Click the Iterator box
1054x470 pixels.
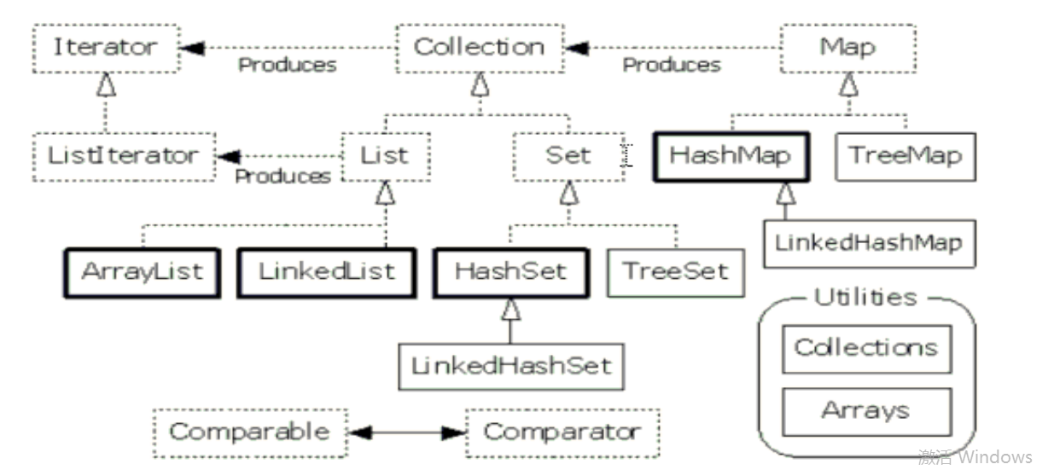click(107, 47)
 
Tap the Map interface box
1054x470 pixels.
click(847, 47)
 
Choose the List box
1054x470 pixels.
click(385, 156)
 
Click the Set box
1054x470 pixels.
click(568, 156)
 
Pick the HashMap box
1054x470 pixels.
click(730, 156)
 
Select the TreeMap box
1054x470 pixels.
click(905, 156)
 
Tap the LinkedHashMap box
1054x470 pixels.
click(868, 242)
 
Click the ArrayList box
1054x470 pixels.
click(142, 272)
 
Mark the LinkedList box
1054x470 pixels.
click(327, 272)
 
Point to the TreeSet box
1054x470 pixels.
click(675, 272)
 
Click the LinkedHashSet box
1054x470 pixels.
click(511, 366)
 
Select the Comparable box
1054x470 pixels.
click(249, 432)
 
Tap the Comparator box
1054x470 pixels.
click(562, 432)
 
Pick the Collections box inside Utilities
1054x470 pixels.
click(866, 348)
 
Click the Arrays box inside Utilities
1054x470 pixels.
click(866, 411)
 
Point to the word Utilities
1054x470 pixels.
click(865, 298)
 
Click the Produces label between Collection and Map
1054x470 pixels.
click(671, 65)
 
